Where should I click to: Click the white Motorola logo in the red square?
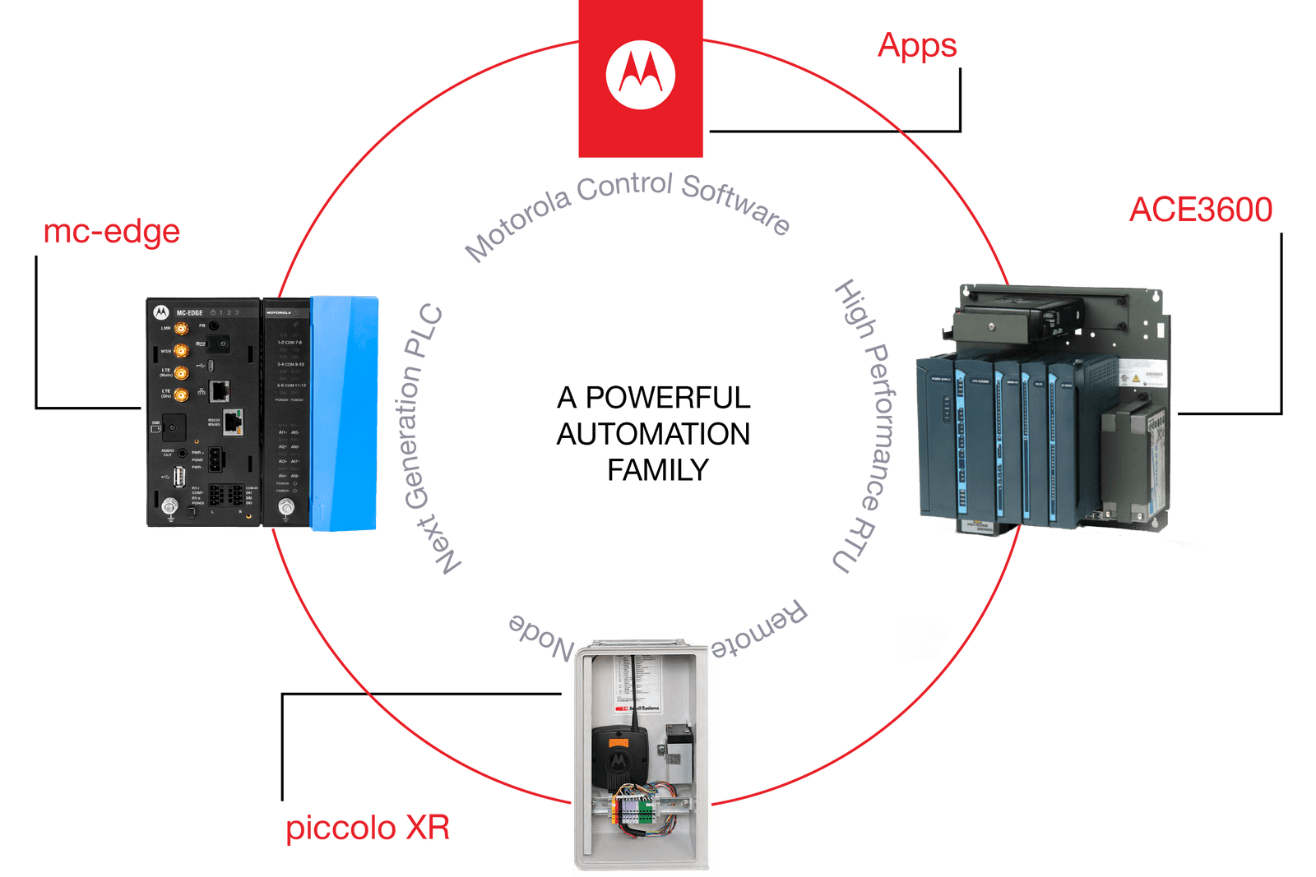tap(641, 75)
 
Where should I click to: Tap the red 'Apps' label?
tap(917, 45)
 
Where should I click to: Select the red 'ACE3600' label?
tap(1200, 210)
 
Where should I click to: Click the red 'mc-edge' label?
tap(111, 232)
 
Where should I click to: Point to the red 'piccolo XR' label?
tap(368, 828)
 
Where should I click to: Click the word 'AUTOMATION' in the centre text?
tap(653, 434)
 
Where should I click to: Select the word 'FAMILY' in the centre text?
tap(658, 470)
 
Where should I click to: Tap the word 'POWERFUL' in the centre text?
tap(668, 398)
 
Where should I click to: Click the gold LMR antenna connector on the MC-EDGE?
tap(181, 329)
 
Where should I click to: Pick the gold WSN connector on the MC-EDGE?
tap(181, 351)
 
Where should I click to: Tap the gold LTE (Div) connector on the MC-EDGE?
tap(181, 395)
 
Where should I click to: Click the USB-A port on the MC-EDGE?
tap(179, 476)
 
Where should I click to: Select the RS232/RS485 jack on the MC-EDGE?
tap(234, 422)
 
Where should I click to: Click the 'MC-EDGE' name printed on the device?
tap(189, 312)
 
